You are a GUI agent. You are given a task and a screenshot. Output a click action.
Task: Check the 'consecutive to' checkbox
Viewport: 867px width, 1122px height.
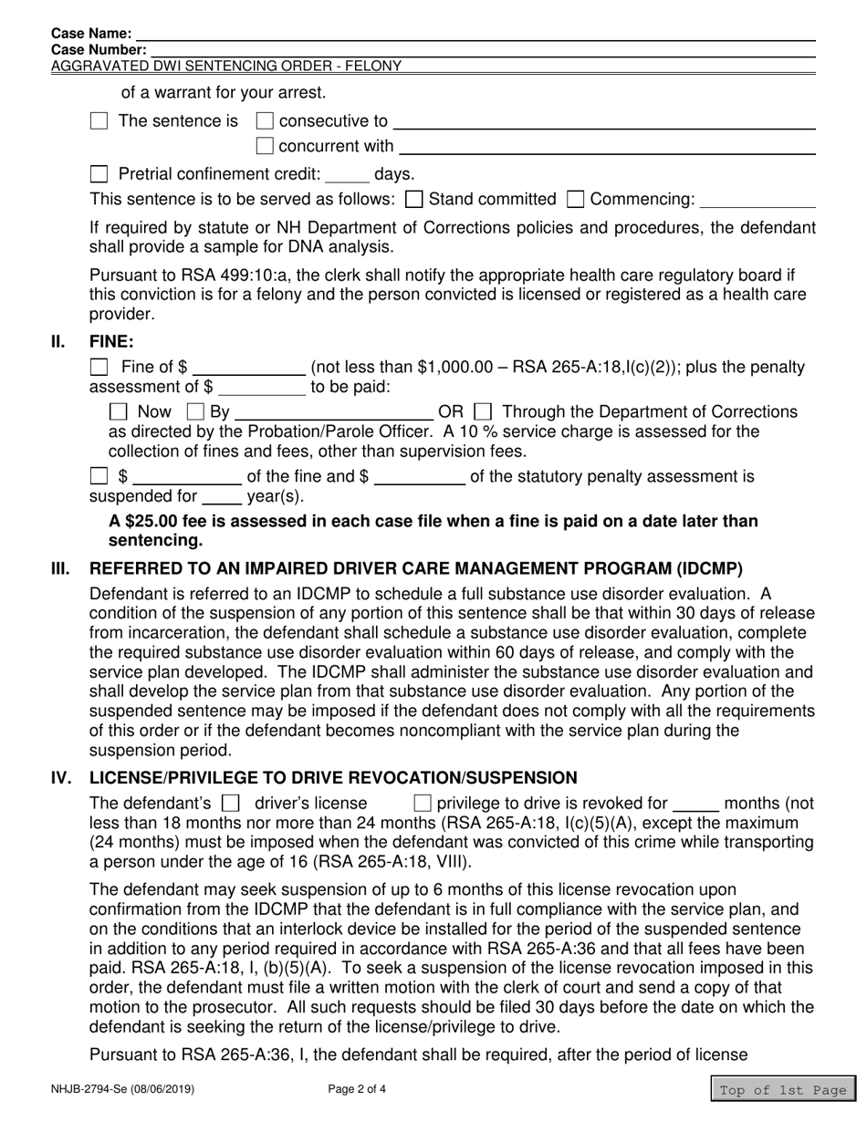tap(265, 120)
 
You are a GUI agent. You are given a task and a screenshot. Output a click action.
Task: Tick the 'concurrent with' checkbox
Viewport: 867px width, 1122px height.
tap(265, 146)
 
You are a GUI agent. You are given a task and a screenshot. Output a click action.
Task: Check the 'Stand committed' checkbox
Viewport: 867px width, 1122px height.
tap(413, 199)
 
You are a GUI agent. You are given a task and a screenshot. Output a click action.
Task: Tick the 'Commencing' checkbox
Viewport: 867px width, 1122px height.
tap(576, 199)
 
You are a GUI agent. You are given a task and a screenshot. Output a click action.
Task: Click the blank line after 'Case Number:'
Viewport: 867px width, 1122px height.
tap(481, 49)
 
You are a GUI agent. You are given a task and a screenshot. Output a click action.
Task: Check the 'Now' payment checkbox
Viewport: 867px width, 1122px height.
tap(119, 412)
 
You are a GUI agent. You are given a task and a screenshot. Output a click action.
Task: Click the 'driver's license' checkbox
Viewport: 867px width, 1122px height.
tap(232, 804)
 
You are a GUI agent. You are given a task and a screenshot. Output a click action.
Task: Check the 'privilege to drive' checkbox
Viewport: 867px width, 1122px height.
tap(423, 804)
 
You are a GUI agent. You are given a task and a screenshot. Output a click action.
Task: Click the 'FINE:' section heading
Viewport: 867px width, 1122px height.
tap(111, 342)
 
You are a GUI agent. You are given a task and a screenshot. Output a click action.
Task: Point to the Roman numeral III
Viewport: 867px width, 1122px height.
tap(59, 568)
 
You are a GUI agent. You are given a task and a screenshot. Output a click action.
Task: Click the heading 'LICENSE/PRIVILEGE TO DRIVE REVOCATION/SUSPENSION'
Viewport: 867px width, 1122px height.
tap(332, 777)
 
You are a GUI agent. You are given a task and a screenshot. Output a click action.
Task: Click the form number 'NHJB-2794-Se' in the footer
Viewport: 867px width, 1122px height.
tap(88, 1088)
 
